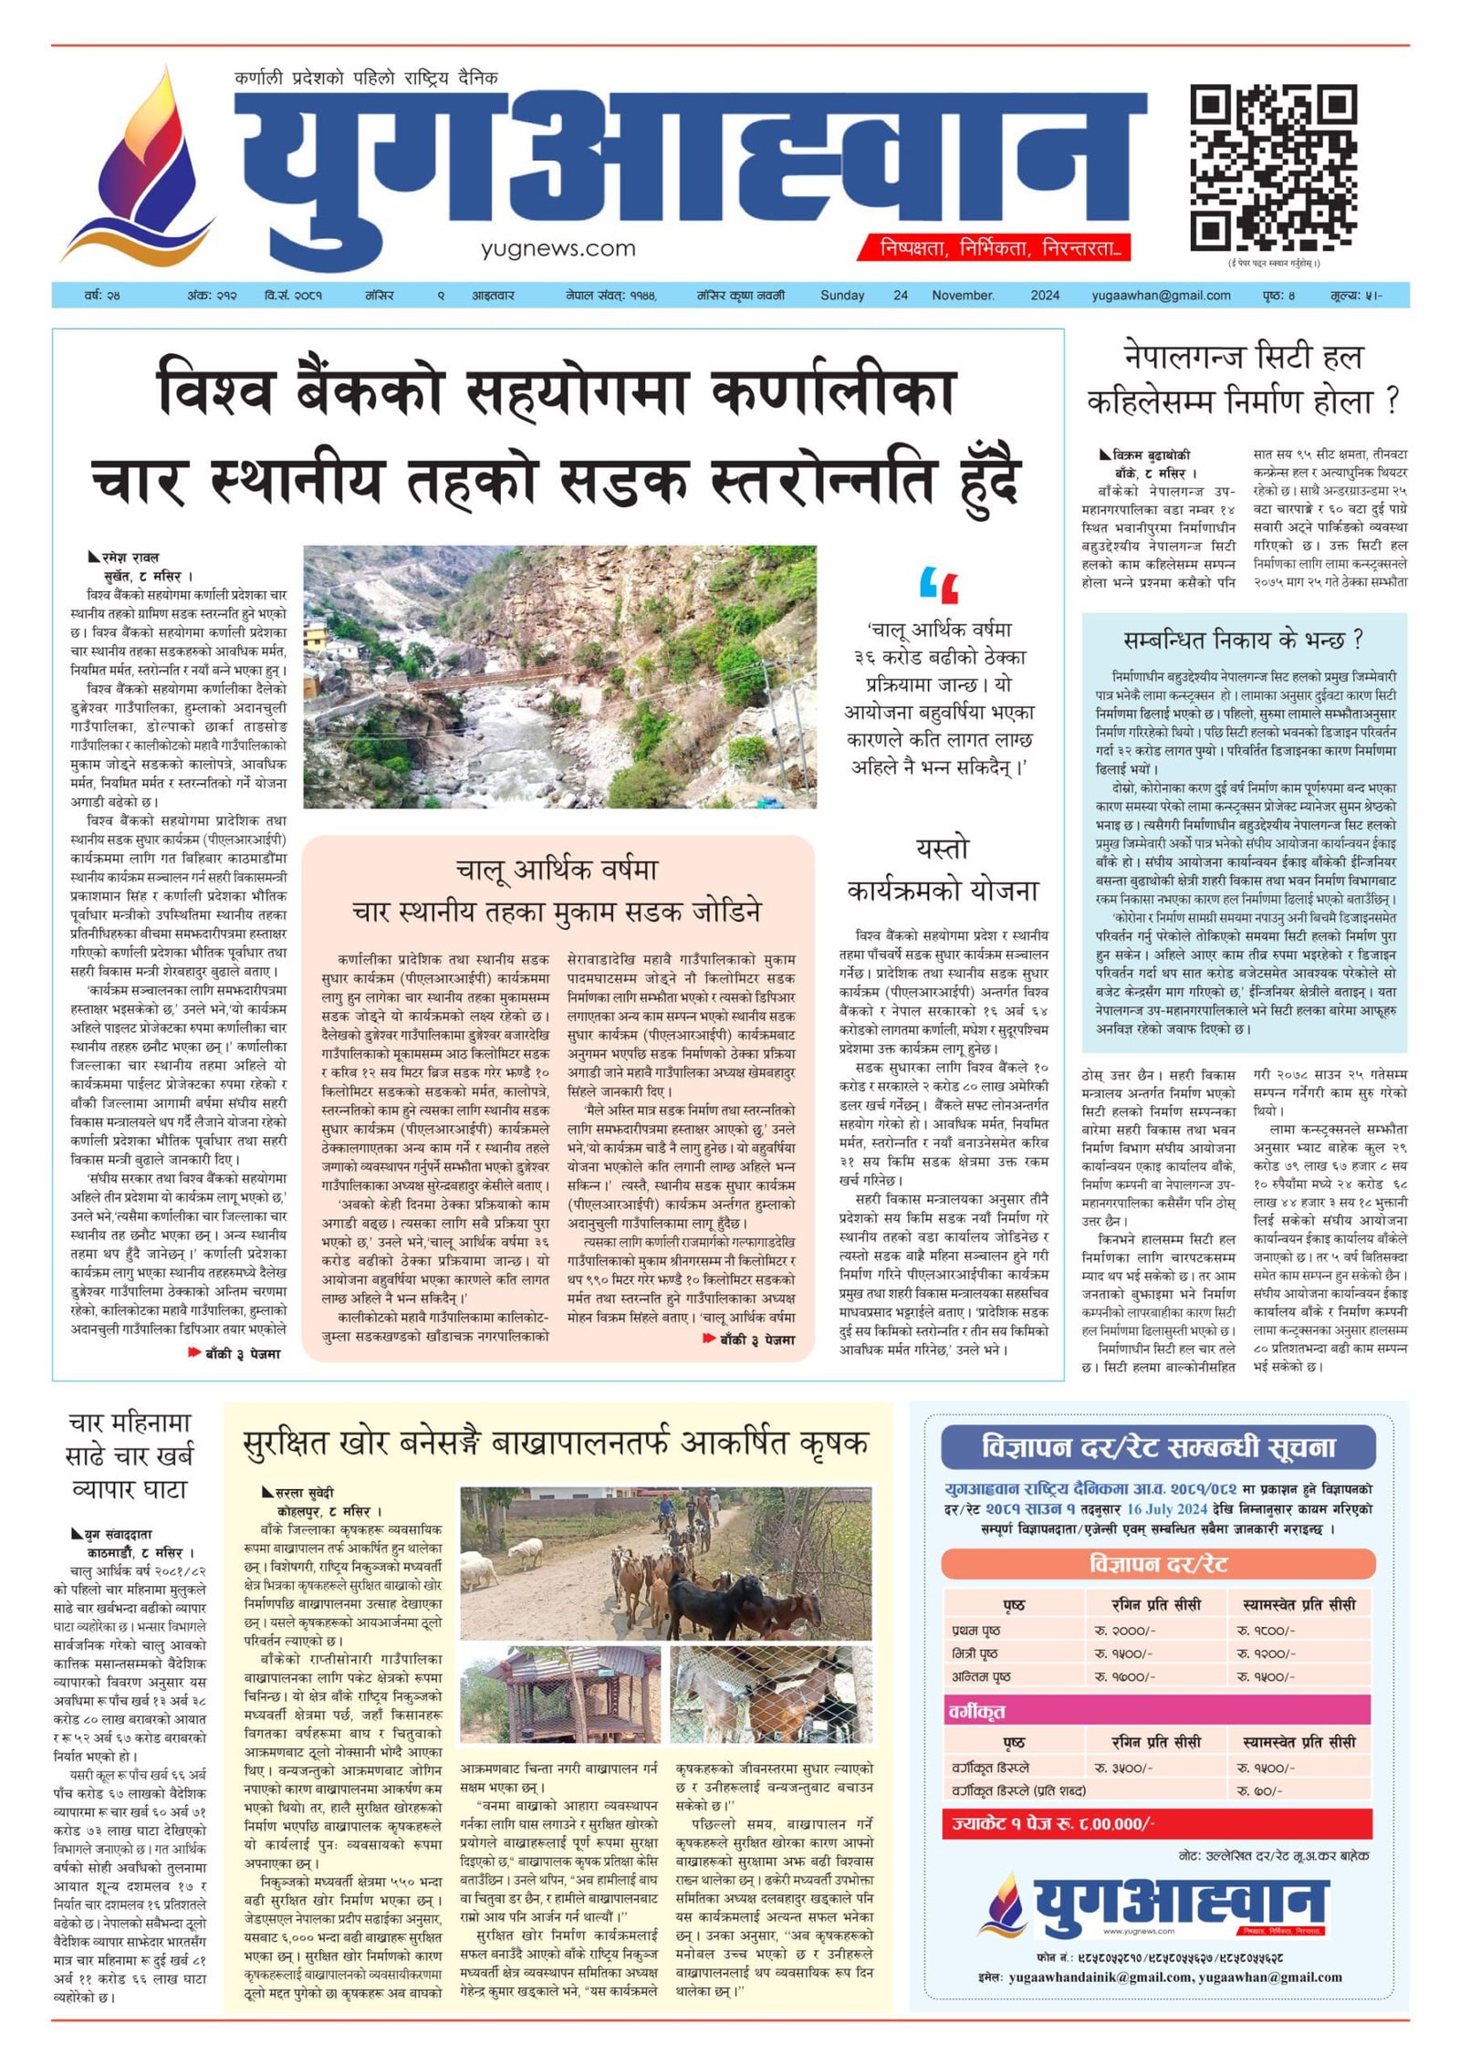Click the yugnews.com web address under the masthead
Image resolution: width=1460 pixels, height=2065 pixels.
558,248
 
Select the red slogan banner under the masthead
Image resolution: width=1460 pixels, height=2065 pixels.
994,247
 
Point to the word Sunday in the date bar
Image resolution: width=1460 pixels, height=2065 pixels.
841,296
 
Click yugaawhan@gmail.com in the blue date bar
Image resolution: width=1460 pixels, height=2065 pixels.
1161,296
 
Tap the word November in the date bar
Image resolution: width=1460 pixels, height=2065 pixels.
963,296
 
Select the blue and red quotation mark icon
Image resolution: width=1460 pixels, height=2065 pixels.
939,585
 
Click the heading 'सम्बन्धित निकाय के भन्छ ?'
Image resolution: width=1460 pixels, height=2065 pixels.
1243,641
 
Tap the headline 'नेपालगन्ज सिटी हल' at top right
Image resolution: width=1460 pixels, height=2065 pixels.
1243,357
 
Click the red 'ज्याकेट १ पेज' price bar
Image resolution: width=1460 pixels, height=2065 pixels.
1157,1823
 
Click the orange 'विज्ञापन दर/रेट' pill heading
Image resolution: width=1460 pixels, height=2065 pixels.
1157,1564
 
